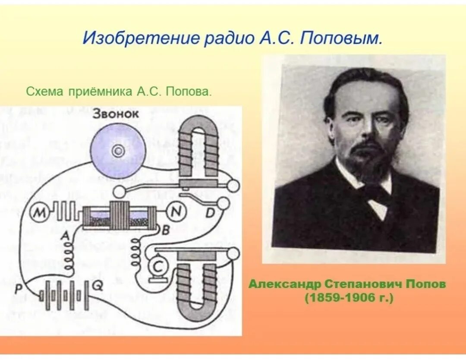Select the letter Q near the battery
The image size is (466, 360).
pyautogui.click(x=98, y=286)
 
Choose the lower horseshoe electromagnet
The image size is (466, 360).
pyautogui.click(x=197, y=285)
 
